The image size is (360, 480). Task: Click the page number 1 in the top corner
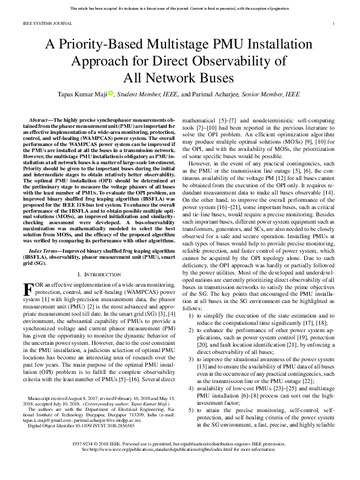[334, 24]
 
